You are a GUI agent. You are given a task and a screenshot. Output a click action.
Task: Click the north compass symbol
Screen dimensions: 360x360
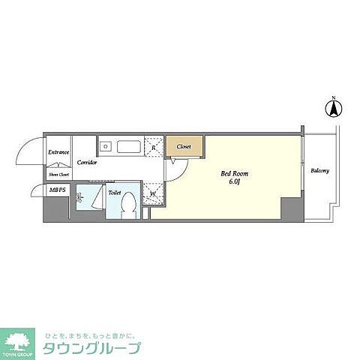pos(331,109)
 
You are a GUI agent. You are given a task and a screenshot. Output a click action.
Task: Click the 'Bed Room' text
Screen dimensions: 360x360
pos(234,173)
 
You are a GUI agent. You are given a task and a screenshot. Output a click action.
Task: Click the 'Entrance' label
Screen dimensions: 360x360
pos(58,153)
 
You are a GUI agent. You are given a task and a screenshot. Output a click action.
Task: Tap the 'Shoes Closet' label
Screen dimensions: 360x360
pos(58,175)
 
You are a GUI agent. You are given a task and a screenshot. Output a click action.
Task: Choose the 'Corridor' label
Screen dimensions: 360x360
pos(85,161)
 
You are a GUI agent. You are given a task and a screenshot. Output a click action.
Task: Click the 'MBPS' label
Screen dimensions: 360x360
pos(57,191)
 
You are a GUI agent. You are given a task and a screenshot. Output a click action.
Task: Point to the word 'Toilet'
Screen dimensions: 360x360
pos(114,192)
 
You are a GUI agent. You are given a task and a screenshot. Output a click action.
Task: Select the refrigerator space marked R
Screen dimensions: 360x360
pos(154,147)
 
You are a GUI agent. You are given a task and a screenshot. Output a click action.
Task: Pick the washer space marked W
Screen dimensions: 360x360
pos(153,193)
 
